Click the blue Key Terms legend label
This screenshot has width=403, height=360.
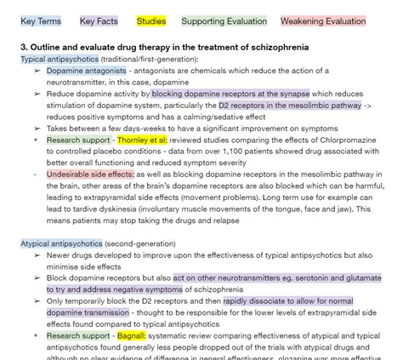(x=40, y=20)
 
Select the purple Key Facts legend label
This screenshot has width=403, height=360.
(x=99, y=20)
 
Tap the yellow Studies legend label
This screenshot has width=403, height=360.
(x=151, y=20)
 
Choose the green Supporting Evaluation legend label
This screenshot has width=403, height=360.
(x=224, y=20)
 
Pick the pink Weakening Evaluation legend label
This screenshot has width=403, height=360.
(x=323, y=20)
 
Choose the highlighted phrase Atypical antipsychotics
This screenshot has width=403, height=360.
(x=61, y=243)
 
